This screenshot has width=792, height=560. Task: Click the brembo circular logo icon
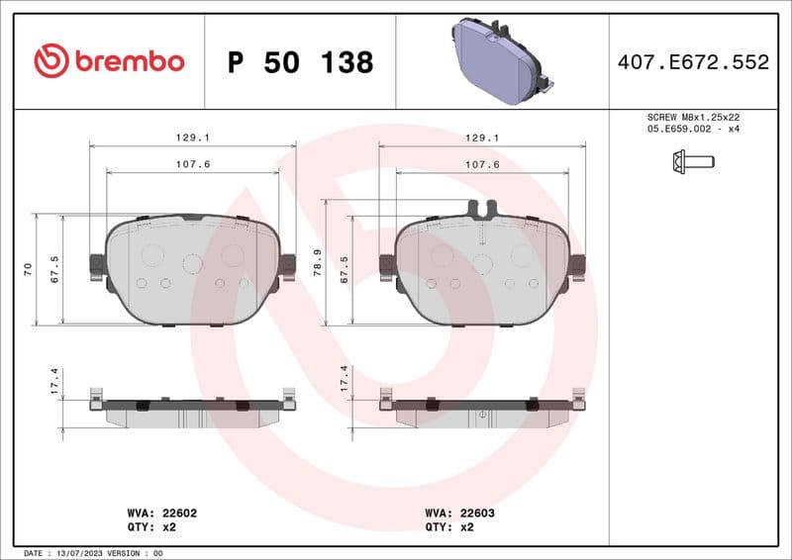pyautogui.click(x=50, y=61)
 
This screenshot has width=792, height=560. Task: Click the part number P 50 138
pyautogui.click(x=300, y=62)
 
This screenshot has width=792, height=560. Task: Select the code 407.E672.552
pyautogui.click(x=693, y=62)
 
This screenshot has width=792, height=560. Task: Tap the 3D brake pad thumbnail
pyautogui.click(x=500, y=61)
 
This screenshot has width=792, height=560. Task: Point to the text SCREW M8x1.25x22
pyautogui.click(x=693, y=117)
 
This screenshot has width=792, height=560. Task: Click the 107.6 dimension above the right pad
pyautogui.click(x=482, y=164)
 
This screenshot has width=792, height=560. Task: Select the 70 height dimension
pyautogui.click(x=29, y=268)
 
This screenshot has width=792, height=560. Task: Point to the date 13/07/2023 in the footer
pyautogui.click(x=77, y=553)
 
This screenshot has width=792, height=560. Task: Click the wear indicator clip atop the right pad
pyautogui.click(x=481, y=209)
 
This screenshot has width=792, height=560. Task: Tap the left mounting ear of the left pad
pyautogui.click(x=97, y=265)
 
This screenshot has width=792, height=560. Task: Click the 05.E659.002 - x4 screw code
pyautogui.click(x=693, y=129)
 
